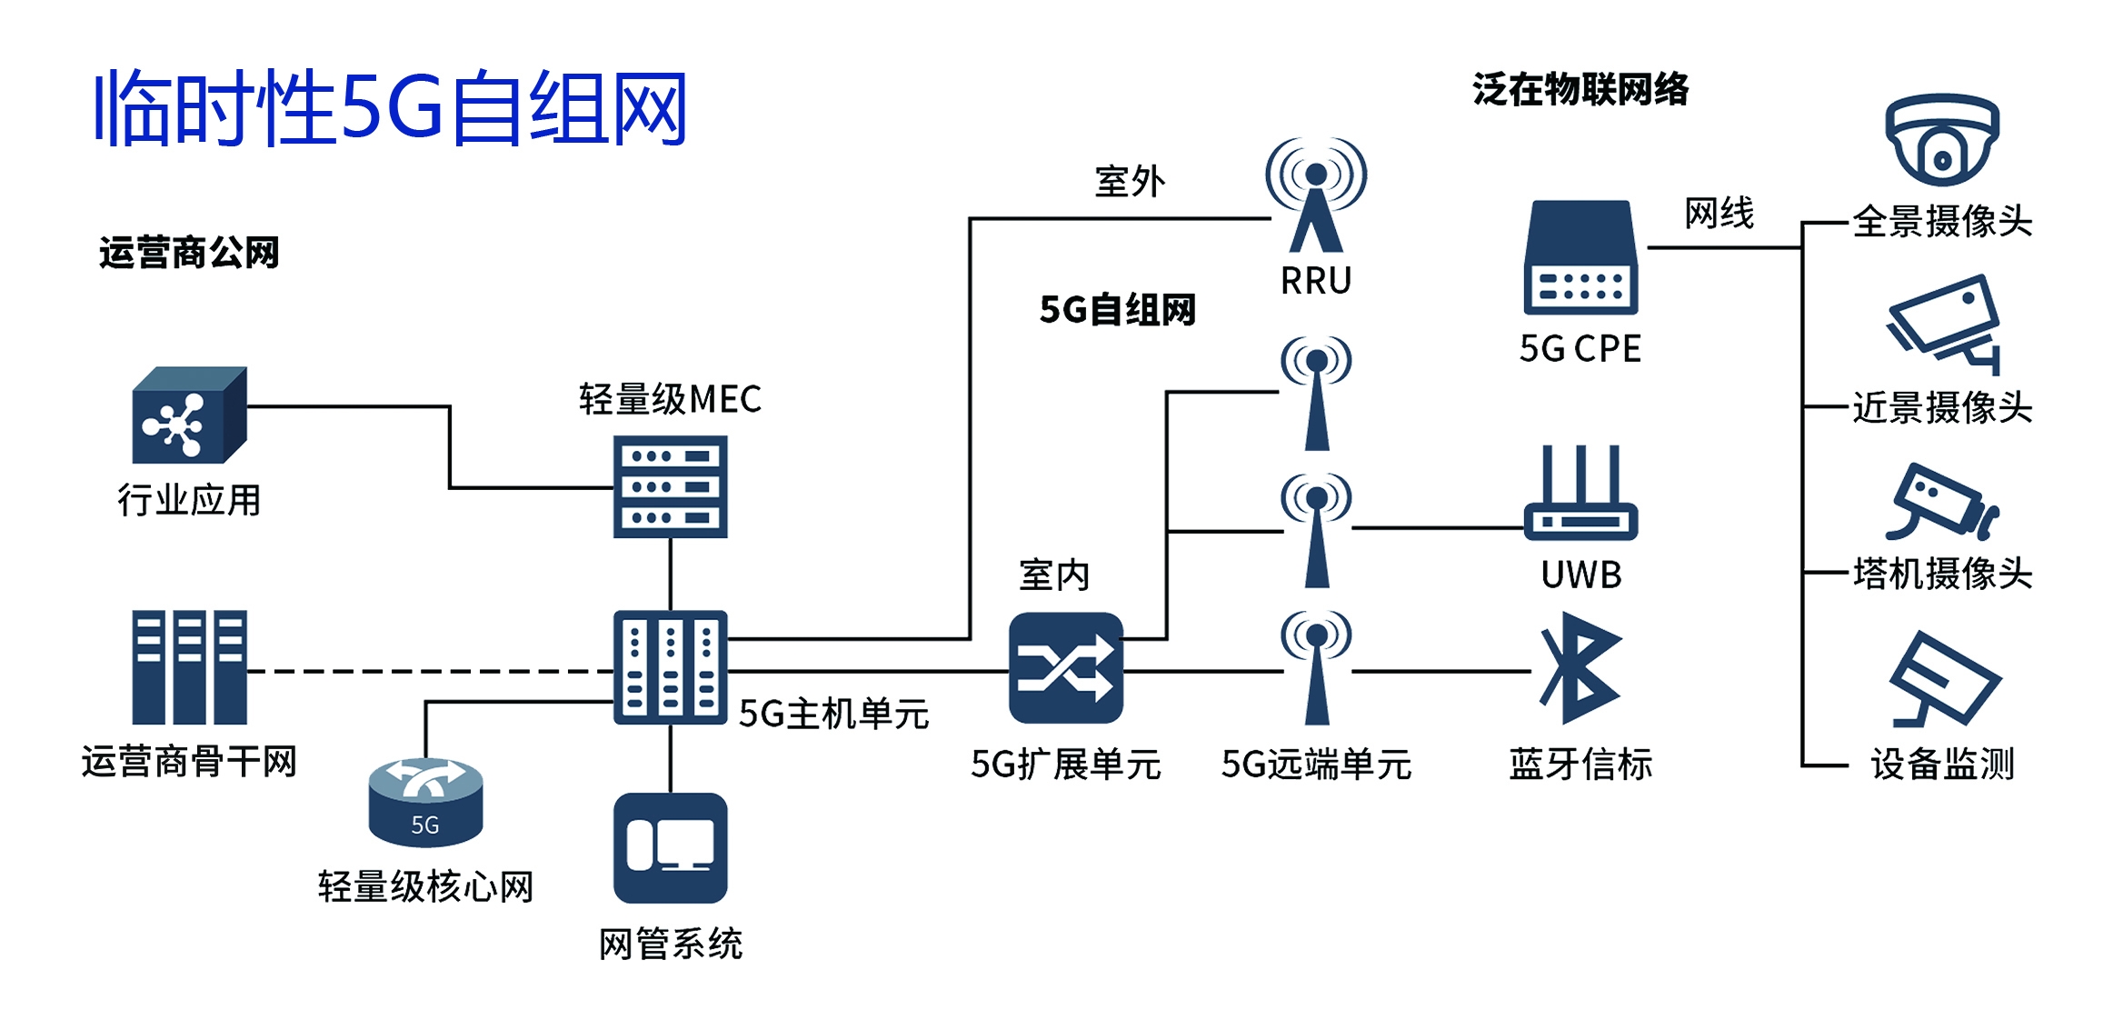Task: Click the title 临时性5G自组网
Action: coord(391,109)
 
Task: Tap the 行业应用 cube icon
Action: coord(189,415)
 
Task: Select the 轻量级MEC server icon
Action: coord(670,486)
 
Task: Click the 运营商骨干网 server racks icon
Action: coord(189,666)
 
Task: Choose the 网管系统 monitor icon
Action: coord(670,847)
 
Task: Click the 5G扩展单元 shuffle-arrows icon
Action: coord(1065,668)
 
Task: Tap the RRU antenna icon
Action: coord(1315,195)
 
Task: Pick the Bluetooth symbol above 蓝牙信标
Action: coord(1580,668)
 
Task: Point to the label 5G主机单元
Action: coord(832,714)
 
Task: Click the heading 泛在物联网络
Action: coord(1580,89)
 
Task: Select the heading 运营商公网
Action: coord(189,253)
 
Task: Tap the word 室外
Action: coord(1129,182)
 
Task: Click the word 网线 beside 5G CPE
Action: coord(1719,214)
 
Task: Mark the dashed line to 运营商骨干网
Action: coord(427,671)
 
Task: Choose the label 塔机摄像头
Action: coord(1942,574)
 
